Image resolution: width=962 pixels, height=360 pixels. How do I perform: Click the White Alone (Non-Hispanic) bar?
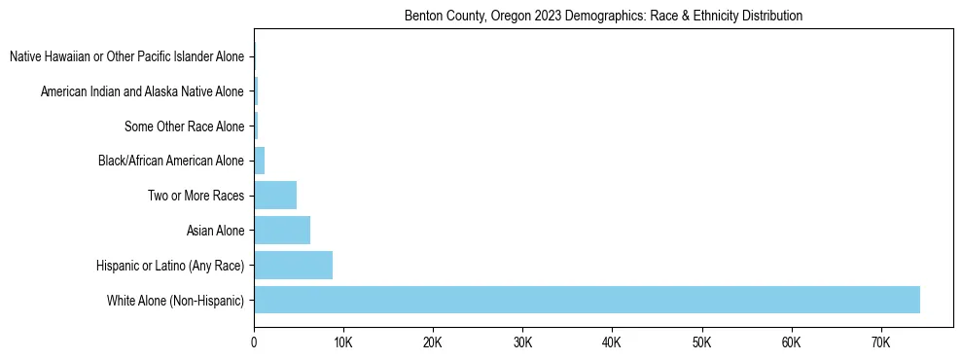(x=587, y=300)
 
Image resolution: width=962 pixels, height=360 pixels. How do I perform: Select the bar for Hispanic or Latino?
(x=293, y=265)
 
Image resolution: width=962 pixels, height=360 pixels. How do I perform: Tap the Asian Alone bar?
(x=282, y=231)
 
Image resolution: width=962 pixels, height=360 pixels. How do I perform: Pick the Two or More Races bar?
(x=275, y=196)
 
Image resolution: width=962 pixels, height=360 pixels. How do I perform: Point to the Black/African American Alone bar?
(x=260, y=161)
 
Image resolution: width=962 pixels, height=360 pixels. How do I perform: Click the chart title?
(x=603, y=17)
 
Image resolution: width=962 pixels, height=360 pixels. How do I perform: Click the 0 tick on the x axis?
(x=254, y=342)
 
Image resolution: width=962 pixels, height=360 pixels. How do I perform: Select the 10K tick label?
(x=343, y=342)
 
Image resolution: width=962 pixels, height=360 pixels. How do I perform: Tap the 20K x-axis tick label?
(x=433, y=342)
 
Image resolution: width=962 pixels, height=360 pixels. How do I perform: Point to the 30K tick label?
(x=522, y=342)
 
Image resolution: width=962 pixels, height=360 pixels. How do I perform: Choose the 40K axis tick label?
(x=612, y=342)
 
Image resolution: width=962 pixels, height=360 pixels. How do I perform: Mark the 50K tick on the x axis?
(x=701, y=342)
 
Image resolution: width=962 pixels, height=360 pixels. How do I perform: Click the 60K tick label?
(x=791, y=342)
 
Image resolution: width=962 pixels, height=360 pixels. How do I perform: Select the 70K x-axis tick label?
(x=880, y=342)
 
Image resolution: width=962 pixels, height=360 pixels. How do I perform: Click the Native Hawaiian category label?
(x=126, y=57)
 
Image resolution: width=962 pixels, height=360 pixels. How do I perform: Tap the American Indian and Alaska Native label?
(x=142, y=92)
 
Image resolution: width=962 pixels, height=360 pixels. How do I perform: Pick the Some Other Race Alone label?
(x=185, y=126)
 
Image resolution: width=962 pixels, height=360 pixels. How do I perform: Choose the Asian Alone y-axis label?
(x=215, y=231)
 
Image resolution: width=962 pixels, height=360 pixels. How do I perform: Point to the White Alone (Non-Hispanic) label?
(x=176, y=301)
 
